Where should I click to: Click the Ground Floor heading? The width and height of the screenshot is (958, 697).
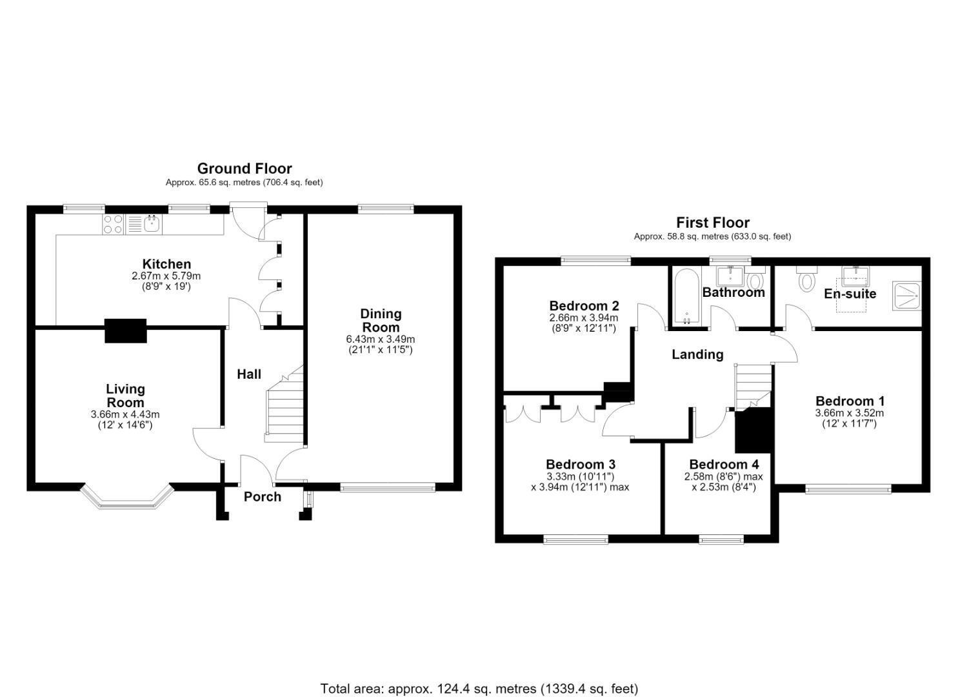244,168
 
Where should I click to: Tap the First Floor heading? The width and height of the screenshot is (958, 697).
712,223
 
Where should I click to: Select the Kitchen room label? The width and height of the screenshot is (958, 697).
166,263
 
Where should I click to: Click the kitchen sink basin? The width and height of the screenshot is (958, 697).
153,223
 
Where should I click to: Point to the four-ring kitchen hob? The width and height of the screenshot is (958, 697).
113,224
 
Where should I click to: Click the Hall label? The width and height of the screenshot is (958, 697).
249,374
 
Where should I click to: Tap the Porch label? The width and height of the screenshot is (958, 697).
263,497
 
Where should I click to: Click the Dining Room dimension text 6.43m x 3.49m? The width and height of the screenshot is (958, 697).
380,339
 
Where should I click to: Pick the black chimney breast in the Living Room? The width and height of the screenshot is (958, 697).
126,330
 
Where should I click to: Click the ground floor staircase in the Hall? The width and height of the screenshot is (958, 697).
284,405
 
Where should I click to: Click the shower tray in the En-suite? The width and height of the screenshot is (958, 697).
906,296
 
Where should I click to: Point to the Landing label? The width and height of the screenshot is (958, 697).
697,354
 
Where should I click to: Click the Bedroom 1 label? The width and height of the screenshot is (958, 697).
850,401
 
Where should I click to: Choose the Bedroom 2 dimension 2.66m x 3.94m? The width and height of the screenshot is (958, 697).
584,318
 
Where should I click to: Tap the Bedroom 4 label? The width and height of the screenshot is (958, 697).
724,464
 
